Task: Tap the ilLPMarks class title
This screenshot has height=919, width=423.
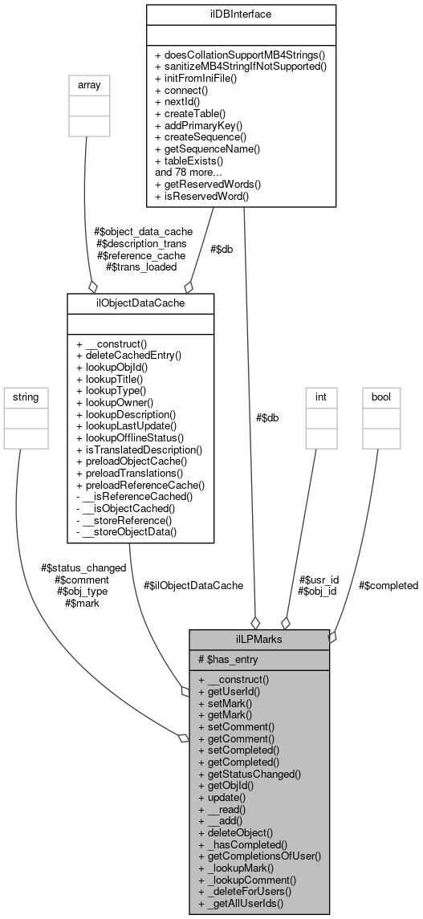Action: click(259, 638)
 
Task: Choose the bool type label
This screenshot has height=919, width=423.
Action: click(380, 396)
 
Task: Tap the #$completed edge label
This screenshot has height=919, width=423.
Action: click(388, 585)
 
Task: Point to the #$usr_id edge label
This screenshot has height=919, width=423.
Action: click(319, 579)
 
